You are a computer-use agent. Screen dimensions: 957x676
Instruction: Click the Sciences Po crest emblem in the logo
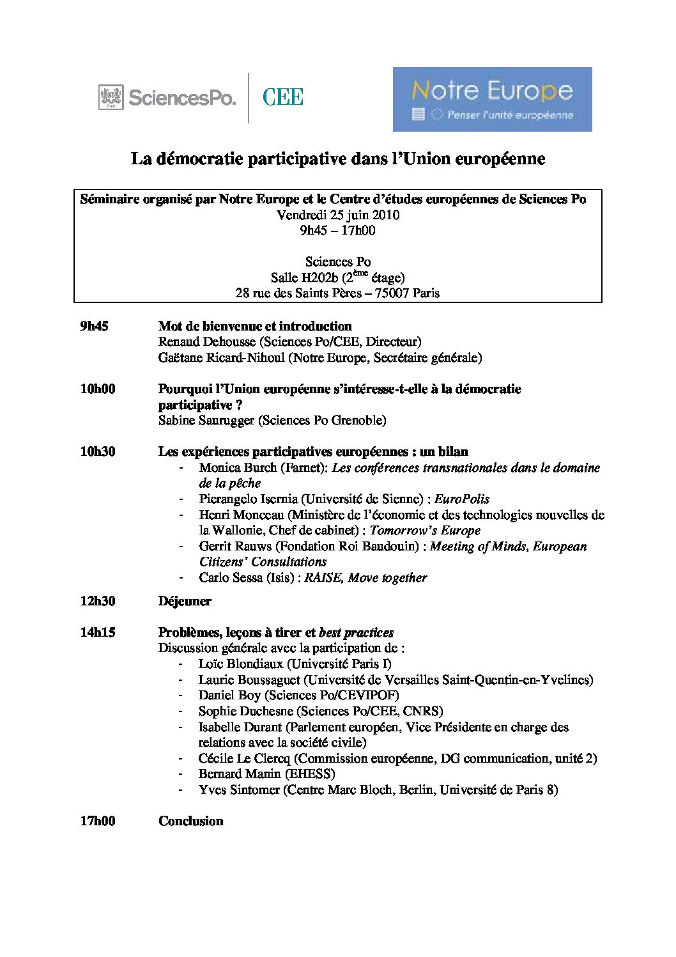pyautogui.click(x=111, y=97)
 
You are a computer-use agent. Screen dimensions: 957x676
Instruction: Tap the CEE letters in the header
pyautogui.click(x=282, y=97)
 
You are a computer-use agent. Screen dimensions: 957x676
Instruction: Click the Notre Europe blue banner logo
pyautogui.click(x=492, y=99)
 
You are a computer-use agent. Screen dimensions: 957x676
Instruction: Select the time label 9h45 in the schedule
pyautogui.click(x=94, y=326)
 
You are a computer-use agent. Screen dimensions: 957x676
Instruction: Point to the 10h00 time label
pyautogui.click(x=97, y=389)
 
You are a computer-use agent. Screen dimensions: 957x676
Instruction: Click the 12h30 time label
pyautogui.click(x=97, y=601)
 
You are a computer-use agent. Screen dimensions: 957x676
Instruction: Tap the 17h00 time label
pyautogui.click(x=97, y=821)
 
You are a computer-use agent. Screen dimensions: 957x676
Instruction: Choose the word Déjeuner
pyautogui.click(x=185, y=601)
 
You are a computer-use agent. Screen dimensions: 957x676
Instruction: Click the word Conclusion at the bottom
pyautogui.click(x=190, y=821)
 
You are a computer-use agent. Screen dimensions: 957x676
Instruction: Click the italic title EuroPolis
pyautogui.click(x=462, y=499)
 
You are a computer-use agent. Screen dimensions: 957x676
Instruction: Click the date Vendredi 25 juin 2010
pyautogui.click(x=338, y=215)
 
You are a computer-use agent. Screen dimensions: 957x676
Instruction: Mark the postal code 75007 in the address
pyautogui.click(x=391, y=293)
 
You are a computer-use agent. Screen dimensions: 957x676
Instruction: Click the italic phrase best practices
pyautogui.click(x=356, y=632)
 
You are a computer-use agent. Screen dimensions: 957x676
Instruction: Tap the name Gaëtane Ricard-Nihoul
pyautogui.click(x=221, y=357)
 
